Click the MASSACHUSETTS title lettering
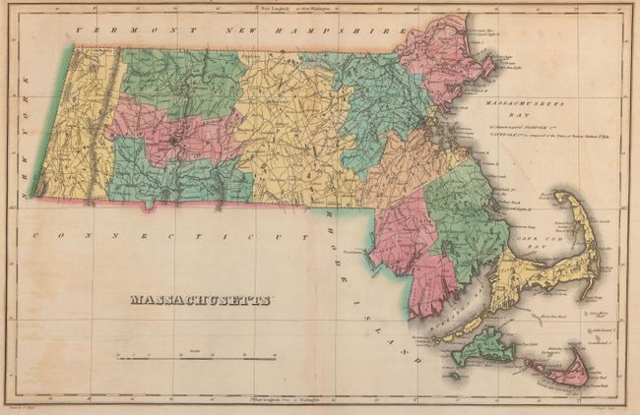201,300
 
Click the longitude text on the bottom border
295,402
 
